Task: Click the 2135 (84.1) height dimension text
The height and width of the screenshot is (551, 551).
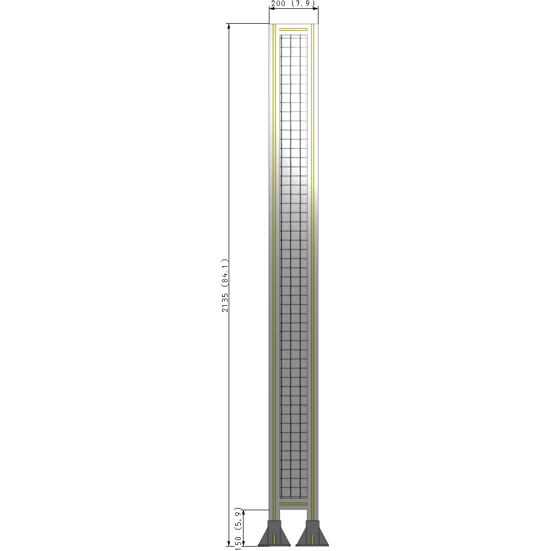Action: [x=225, y=285]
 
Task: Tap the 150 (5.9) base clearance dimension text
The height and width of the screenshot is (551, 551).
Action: [x=238, y=528]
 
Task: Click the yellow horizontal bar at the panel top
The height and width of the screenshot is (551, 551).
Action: [x=293, y=29]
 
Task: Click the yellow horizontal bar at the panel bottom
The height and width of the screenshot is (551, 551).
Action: [x=293, y=504]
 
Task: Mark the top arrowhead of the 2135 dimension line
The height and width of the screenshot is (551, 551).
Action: [x=229, y=26]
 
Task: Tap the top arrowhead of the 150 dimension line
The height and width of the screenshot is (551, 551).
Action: [x=244, y=512]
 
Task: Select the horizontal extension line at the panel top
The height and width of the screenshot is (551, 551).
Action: [x=248, y=24]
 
